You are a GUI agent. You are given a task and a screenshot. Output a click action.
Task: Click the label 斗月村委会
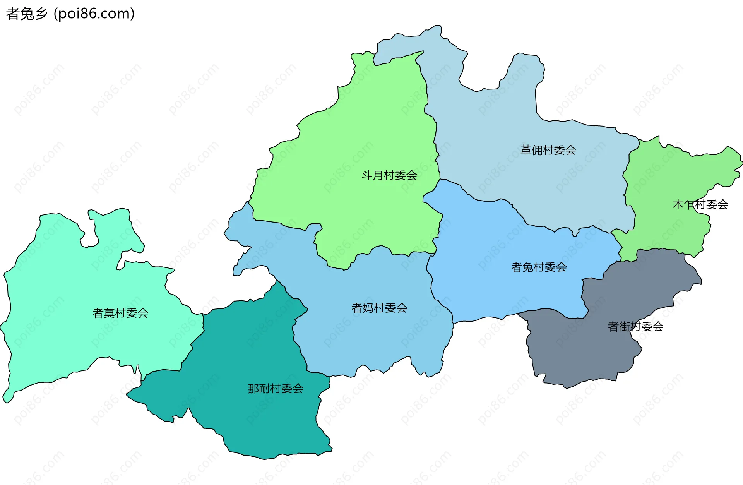389,175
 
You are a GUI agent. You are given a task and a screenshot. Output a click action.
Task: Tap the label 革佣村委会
548,150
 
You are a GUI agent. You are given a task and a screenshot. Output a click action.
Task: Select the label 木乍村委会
700,204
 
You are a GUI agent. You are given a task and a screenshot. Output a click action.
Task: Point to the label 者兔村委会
539,267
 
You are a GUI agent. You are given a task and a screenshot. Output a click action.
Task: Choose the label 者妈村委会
379,308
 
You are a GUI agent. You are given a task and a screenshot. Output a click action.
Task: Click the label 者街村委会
635,327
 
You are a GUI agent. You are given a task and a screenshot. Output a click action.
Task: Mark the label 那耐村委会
276,389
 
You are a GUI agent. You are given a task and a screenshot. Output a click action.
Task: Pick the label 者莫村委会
120,313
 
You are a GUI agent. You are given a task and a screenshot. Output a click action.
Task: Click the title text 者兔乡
26,14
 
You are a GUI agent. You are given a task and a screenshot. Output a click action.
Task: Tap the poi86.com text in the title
94,14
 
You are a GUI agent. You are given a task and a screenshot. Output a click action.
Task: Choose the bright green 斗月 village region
368,128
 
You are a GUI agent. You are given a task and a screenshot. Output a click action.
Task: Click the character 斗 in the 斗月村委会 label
367,175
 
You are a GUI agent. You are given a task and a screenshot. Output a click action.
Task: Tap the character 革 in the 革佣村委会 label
526,150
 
